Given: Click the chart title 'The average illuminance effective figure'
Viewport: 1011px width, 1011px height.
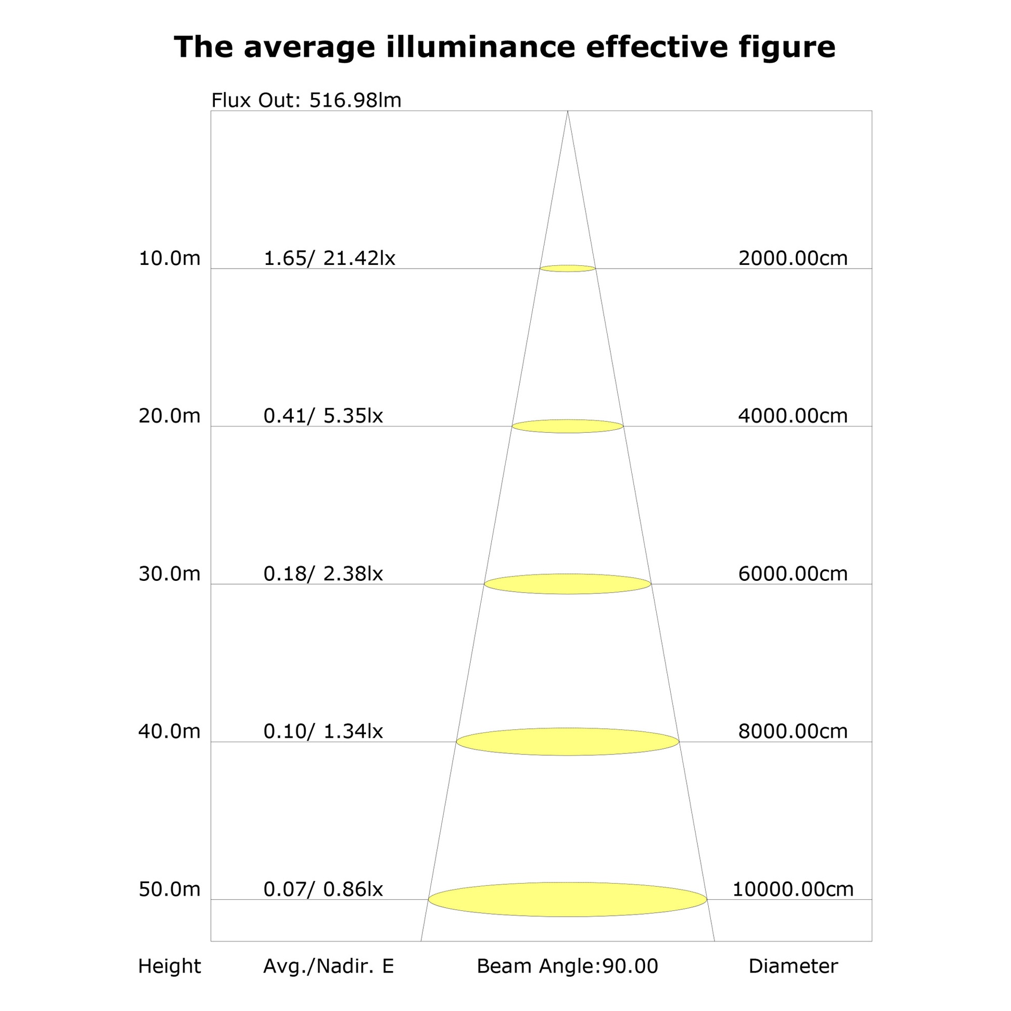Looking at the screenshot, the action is coord(504,47).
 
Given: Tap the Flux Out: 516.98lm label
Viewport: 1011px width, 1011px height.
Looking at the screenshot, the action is coord(306,100).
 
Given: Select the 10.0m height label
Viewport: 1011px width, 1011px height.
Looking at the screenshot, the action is coord(170,258).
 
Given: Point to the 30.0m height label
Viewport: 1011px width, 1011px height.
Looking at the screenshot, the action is coord(170,573).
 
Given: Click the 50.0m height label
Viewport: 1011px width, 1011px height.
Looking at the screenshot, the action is coord(170,889).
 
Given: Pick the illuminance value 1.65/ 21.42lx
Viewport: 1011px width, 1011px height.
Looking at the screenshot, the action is coord(329,258).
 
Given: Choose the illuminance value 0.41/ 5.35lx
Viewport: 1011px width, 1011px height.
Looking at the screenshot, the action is coord(323,415).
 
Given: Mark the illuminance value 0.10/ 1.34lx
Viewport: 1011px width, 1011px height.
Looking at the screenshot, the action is coord(323,731).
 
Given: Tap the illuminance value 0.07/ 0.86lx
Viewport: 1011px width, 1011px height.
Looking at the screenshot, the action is coord(323,889).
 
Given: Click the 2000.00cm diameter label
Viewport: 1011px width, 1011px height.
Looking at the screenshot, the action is coord(793,258).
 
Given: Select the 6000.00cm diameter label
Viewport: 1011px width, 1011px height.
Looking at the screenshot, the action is coord(793,573).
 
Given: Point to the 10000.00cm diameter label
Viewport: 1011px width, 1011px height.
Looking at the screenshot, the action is coord(793,889).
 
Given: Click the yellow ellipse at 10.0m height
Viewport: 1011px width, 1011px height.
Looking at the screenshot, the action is coord(568,269).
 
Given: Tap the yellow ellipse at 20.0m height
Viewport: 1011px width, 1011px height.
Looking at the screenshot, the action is coord(568,426).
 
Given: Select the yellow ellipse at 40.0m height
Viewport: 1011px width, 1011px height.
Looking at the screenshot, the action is coord(568,741).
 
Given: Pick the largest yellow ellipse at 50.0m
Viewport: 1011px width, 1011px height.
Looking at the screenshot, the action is coord(568,899).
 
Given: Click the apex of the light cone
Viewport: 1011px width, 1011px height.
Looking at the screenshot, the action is coord(568,111).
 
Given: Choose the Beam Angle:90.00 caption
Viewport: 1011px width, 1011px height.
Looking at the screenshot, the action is coord(568,966).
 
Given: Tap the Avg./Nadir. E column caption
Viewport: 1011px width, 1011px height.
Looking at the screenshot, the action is coord(329,966).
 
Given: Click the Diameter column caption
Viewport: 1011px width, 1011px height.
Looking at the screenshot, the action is coord(793,966).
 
